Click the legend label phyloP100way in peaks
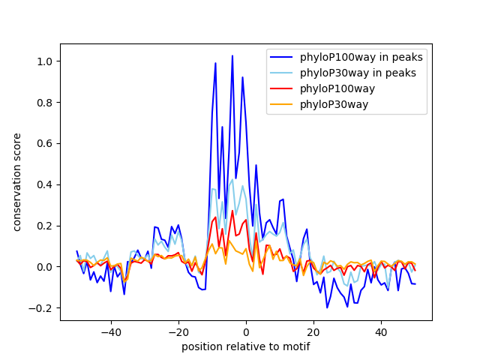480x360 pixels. [361, 57]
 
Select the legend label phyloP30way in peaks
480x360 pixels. [358, 73]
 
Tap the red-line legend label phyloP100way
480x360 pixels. [337, 88]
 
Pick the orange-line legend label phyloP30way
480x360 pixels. [334, 104]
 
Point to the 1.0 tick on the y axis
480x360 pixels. [45, 61]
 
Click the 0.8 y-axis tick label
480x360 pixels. [45, 103]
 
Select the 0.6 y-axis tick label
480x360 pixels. [45, 143]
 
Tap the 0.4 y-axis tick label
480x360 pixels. [45, 184]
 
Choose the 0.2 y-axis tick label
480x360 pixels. [45, 226]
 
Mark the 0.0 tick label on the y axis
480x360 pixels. [45, 267]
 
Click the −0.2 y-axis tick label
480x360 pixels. [40, 308]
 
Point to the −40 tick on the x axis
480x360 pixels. [111, 331]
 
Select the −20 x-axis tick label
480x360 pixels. [178, 331]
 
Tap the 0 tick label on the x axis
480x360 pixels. [246, 331]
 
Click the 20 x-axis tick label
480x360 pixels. [313, 331]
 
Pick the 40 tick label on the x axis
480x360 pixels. [382, 331]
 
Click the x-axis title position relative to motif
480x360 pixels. [246, 346]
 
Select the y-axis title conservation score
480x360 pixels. [17, 182]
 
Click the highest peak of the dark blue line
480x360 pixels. [232, 55]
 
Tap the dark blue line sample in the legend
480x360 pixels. [281, 57]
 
